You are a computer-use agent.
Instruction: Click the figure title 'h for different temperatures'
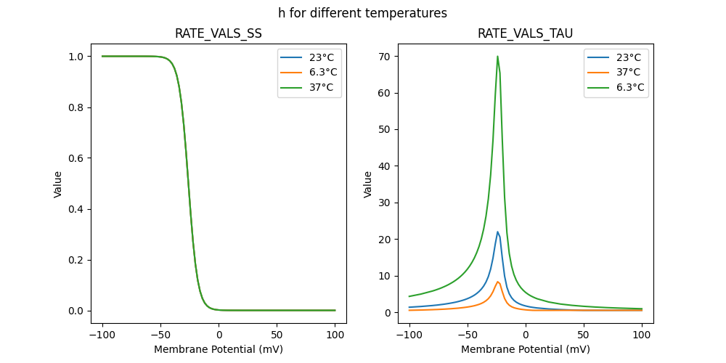click(362, 13)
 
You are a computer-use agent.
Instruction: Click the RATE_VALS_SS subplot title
click(219, 33)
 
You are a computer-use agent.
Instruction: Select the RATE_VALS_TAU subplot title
click(525, 33)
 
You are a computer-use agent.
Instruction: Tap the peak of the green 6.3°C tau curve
click(497, 57)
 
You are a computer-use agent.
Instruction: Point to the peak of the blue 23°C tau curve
click(497, 232)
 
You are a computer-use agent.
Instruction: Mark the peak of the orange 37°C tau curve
click(497, 282)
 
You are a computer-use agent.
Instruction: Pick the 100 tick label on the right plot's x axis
click(642, 335)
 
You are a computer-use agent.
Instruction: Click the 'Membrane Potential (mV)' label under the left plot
click(219, 349)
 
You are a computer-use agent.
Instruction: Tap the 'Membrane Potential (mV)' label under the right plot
click(525, 349)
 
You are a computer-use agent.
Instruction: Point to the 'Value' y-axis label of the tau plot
click(368, 184)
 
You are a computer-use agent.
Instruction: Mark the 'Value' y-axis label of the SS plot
click(58, 184)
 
